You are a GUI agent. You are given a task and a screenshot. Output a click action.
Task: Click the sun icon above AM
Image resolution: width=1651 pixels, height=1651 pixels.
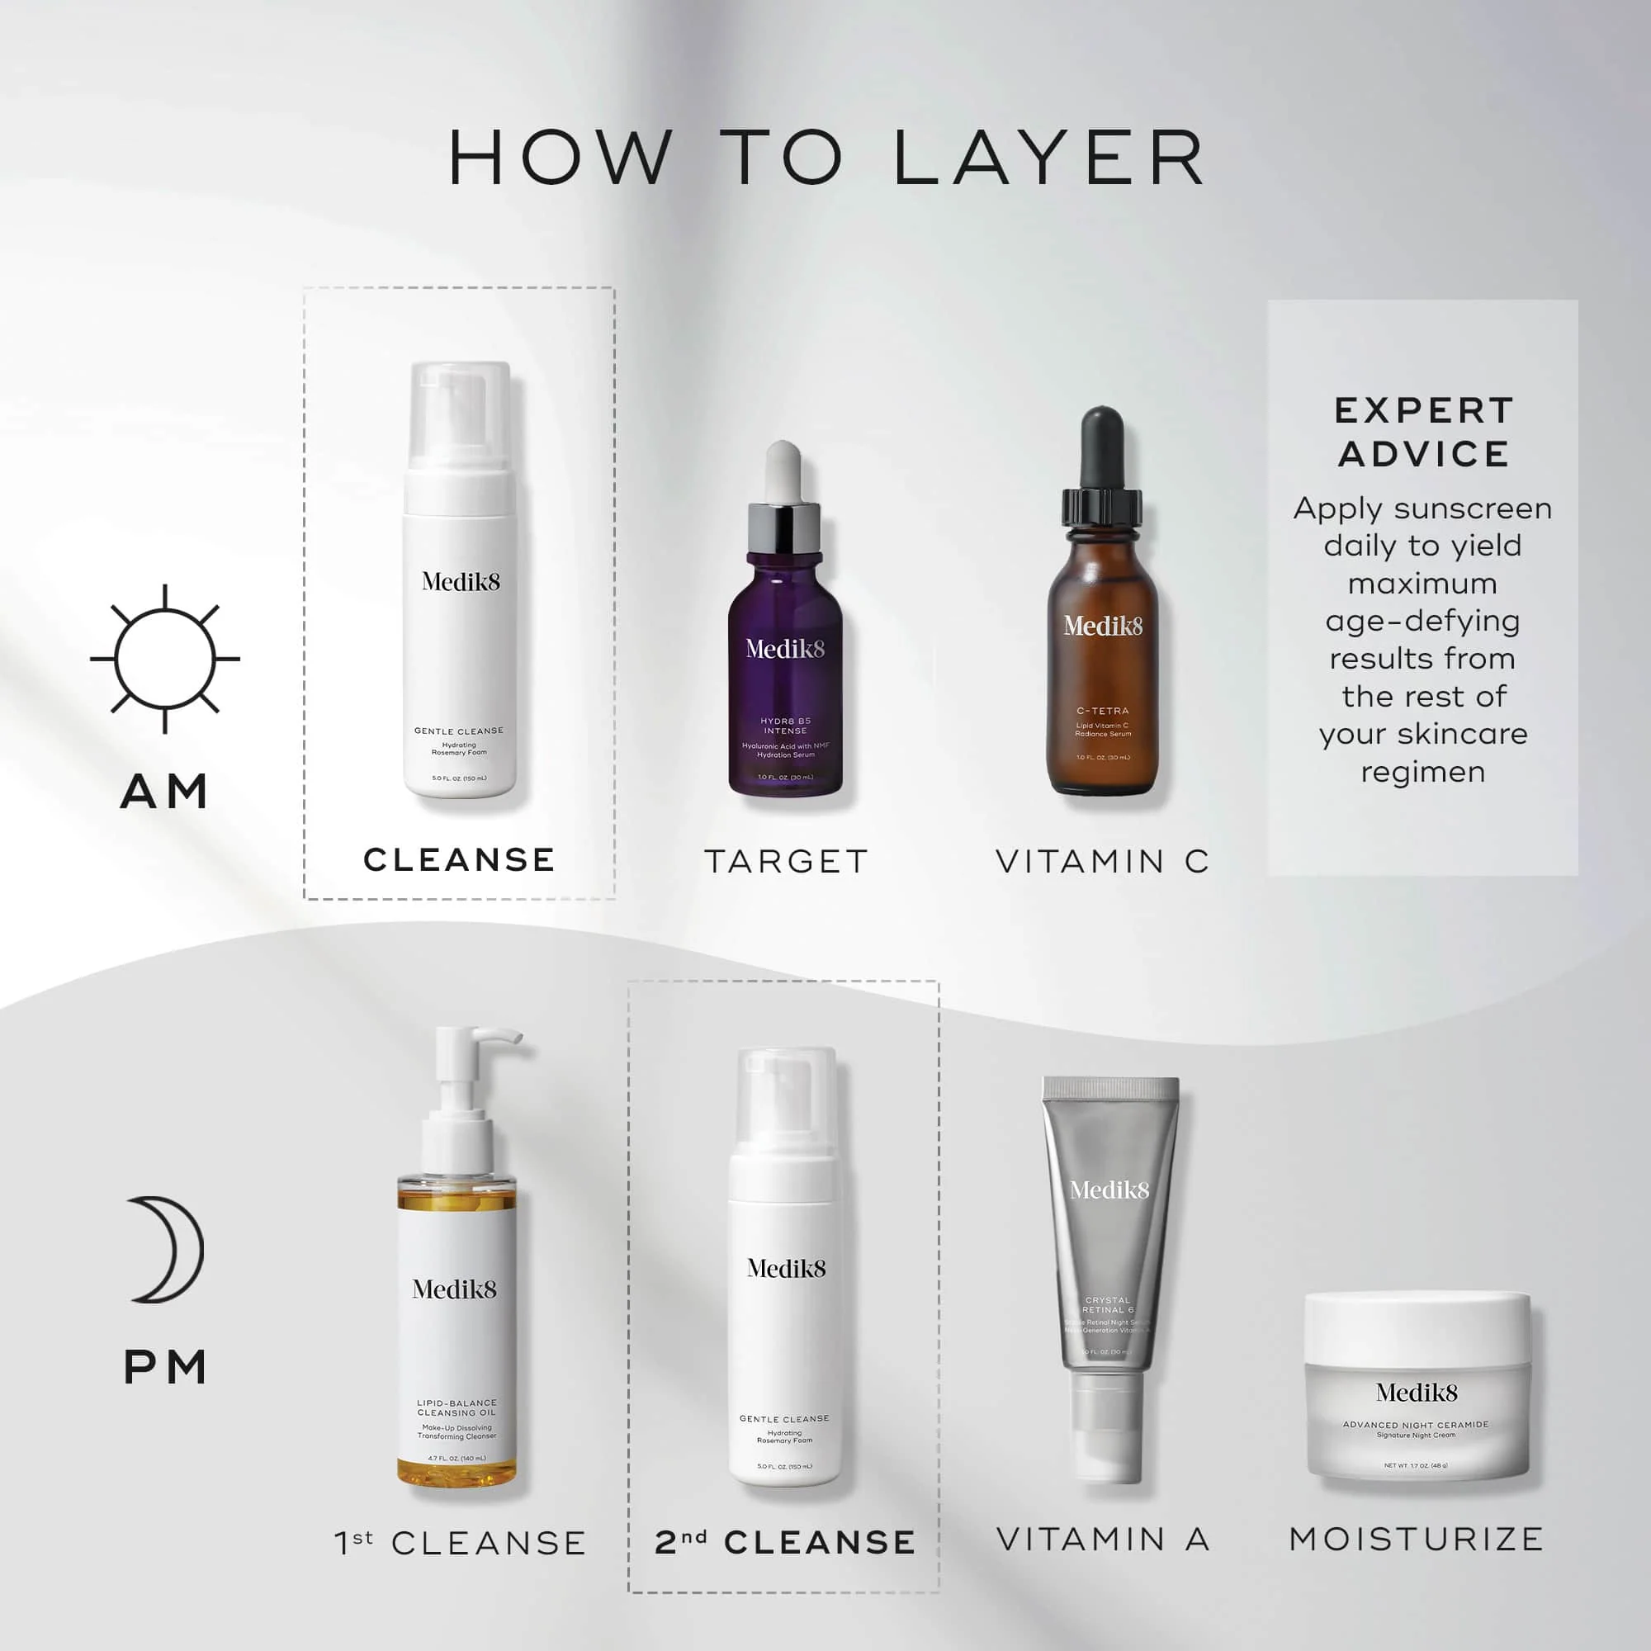pyautogui.click(x=165, y=659)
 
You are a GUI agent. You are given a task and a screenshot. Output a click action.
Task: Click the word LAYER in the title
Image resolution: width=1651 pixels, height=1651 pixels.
pyautogui.click(x=1049, y=158)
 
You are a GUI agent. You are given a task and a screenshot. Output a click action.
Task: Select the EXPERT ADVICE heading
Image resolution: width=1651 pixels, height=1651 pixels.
pyautogui.click(x=1423, y=433)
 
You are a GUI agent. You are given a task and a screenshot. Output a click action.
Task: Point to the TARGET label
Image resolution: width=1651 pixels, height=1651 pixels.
pyautogui.click(x=786, y=861)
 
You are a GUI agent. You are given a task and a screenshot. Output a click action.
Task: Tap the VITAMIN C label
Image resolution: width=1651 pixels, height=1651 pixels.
pyautogui.click(x=1102, y=861)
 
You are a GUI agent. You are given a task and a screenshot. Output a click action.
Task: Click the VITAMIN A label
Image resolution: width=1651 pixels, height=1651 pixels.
pyautogui.click(x=1102, y=1540)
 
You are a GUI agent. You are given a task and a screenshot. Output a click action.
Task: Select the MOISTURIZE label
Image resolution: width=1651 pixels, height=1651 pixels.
pyautogui.click(x=1416, y=1540)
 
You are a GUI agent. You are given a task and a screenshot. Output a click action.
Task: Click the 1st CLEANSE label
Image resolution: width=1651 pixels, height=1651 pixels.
pyautogui.click(x=460, y=1544)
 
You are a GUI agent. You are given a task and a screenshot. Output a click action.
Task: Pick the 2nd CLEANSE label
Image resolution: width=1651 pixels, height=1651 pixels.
pyautogui.click(x=784, y=1543)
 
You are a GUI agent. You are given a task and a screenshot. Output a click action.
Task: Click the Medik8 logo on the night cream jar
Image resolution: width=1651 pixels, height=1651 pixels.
pyautogui.click(x=1416, y=1393)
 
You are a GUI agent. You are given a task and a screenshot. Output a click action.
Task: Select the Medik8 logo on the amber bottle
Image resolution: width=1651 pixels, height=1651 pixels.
pyautogui.click(x=1102, y=626)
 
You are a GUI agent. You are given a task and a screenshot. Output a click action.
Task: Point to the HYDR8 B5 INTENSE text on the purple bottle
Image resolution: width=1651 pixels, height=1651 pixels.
pyautogui.click(x=785, y=726)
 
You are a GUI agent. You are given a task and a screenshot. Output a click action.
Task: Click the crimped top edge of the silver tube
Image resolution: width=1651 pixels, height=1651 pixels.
pyautogui.click(x=1110, y=1087)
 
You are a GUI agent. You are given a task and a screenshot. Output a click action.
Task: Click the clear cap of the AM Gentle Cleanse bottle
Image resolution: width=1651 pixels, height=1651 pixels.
pyautogui.click(x=460, y=414)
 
